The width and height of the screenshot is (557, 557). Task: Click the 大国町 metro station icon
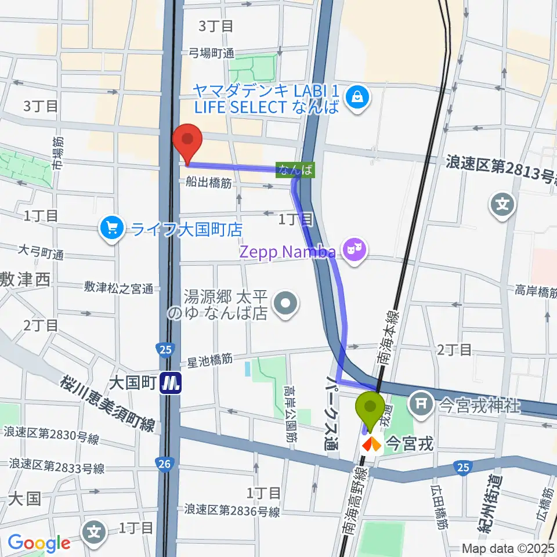(172, 384)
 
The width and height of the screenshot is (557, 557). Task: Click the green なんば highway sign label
(295, 169)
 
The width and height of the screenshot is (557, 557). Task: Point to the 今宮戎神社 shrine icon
(421, 403)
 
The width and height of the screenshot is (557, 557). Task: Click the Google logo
(39, 542)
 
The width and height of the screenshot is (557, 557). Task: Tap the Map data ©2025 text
(508, 547)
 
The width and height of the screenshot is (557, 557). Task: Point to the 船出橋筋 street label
(209, 183)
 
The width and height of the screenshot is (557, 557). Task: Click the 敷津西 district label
(26, 280)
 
